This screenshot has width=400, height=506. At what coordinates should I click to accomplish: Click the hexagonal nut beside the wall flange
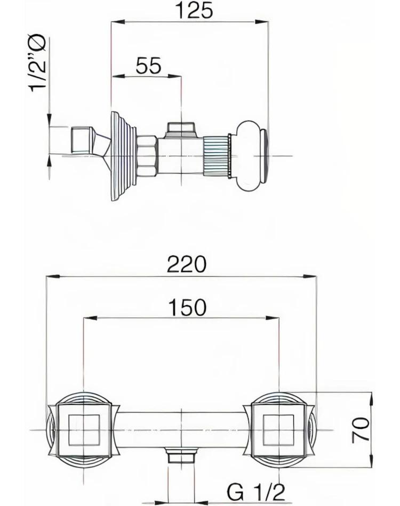(x=147, y=156)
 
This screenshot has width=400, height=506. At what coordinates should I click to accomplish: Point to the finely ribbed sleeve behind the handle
(x=216, y=156)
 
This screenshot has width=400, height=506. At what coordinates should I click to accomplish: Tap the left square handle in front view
(x=84, y=429)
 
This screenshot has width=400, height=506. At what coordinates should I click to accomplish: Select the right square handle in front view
(x=279, y=429)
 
